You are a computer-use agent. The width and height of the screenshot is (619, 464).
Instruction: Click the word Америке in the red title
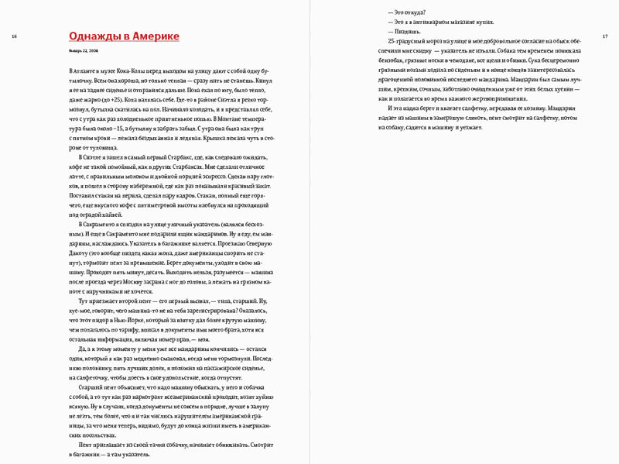[157, 36]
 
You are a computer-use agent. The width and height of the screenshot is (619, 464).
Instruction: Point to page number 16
[15, 36]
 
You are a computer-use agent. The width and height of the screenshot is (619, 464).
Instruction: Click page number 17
[604, 36]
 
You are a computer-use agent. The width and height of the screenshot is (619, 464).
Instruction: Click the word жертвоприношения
[515, 98]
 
